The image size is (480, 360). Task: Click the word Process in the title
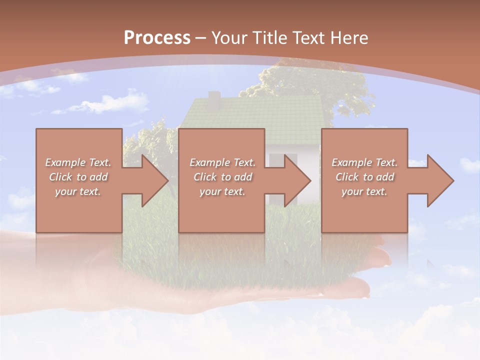click(x=157, y=38)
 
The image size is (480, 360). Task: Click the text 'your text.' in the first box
click(x=78, y=191)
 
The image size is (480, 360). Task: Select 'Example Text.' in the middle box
click(x=222, y=162)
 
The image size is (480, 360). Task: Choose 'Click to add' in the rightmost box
click(x=364, y=177)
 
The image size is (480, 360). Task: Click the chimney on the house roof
click(x=214, y=100)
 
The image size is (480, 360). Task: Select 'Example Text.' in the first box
click(x=78, y=162)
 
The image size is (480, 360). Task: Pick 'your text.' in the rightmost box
click(x=364, y=191)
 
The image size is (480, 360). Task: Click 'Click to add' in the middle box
click(x=222, y=177)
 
